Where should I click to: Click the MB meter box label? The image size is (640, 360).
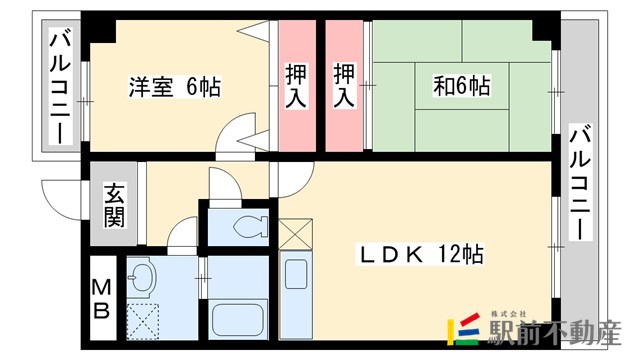pyautogui.click(x=103, y=299)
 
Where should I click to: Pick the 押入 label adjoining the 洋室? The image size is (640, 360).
pyautogui.click(x=296, y=86)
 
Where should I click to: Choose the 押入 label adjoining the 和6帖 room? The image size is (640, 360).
pyautogui.click(x=345, y=86)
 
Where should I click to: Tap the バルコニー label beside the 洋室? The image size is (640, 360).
pyautogui.click(x=59, y=87)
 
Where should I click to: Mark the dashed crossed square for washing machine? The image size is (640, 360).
pyautogui.click(x=143, y=320)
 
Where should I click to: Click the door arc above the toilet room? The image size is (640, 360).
pyautogui.click(x=221, y=184)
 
